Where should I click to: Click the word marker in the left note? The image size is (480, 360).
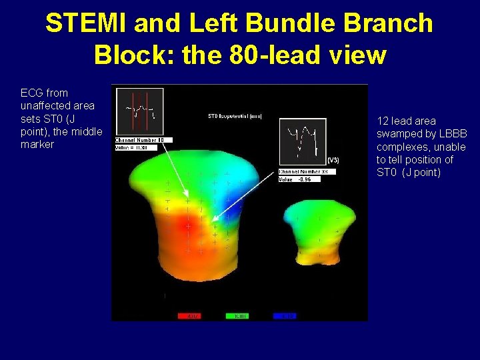pos(37,144)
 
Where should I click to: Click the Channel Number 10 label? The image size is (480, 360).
pos(144,140)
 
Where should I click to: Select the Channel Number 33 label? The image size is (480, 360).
pos(307,171)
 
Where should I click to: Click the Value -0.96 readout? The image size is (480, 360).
pos(296,179)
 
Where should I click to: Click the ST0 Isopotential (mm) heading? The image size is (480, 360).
pos(235,117)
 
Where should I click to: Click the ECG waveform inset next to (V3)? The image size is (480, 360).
pos(302,141)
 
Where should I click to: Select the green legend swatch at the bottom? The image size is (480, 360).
pos(238,316)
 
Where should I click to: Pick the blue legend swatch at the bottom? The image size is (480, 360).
pos(285,316)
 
